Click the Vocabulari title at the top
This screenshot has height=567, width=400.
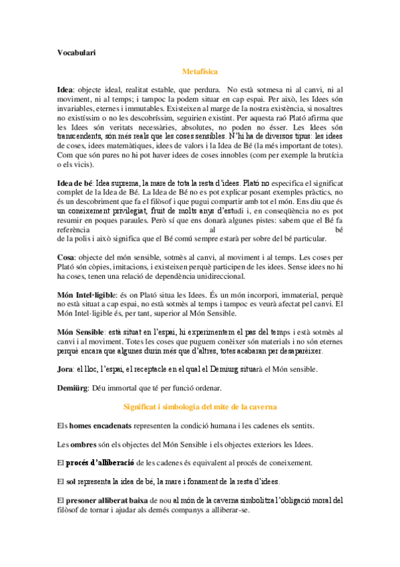tap(76, 53)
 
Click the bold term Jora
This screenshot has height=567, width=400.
tap(65, 369)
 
